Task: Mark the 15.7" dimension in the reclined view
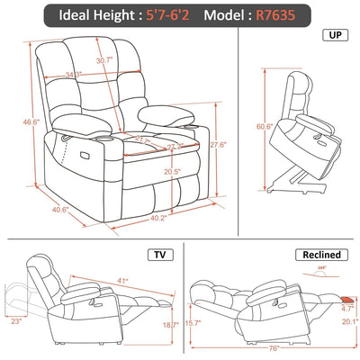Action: (x=193, y=321)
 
